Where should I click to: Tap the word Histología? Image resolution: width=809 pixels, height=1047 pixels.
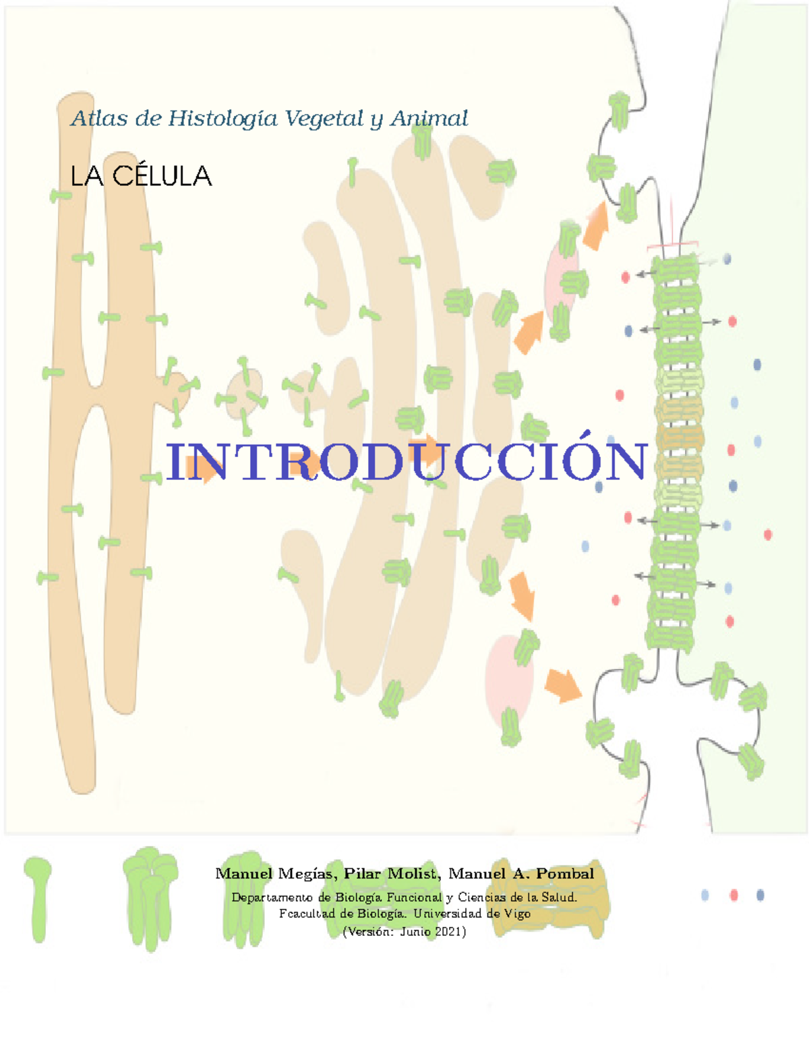[x=222, y=119]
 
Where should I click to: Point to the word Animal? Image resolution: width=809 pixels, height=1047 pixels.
[x=429, y=119]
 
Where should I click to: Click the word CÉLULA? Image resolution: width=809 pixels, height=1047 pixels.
[x=162, y=177]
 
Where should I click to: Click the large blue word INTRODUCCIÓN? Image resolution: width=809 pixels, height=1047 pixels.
[x=407, y=462]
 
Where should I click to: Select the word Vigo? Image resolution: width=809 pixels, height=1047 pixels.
[x=517, y=914]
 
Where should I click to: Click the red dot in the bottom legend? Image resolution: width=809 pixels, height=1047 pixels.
[x=733, y=895]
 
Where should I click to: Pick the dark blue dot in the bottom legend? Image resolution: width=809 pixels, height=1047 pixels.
[x=760, y=895]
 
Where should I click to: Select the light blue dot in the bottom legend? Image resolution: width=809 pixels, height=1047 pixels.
[x=705, y=895]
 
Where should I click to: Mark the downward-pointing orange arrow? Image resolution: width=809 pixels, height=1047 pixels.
[x=522, y=595]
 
